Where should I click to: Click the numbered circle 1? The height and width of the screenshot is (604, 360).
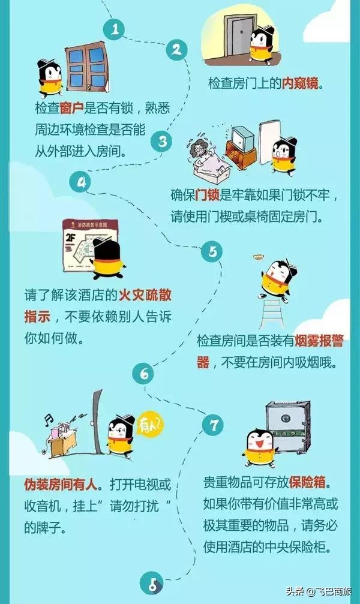115,29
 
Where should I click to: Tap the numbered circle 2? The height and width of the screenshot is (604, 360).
176,50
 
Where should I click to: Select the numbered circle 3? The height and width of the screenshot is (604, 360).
162,142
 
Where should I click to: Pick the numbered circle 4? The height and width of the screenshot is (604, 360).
82,181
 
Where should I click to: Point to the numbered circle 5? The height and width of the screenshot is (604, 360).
212,251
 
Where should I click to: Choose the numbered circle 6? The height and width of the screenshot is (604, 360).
144,375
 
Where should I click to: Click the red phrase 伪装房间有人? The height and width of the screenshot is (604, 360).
60,482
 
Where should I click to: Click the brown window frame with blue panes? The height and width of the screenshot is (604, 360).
85,65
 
